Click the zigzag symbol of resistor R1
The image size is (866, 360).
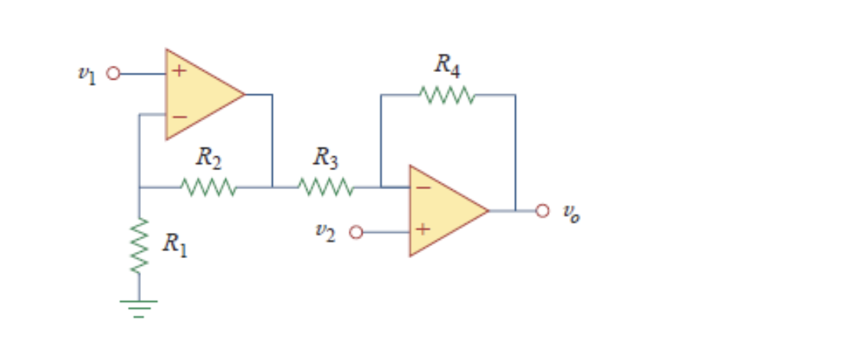click(x=139, y=245)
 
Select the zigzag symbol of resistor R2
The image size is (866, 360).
click(x=208, y=186)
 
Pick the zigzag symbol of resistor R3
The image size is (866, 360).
click(x=326, y=186)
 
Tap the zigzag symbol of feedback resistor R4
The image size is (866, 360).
click(x=448, y=95)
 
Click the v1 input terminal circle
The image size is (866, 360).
click(x=113, y=74)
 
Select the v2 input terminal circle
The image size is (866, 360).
click(x=356, y=231)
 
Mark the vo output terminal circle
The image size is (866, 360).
click(x=543, y=210)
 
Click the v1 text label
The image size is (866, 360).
click(x=87, y=74)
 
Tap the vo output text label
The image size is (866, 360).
click(x=571, y=213)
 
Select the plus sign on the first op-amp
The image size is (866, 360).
click(x=178, y=73)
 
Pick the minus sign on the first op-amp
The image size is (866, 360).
click(x=178, y=116)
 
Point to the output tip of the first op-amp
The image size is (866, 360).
click(x=244, y=95)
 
